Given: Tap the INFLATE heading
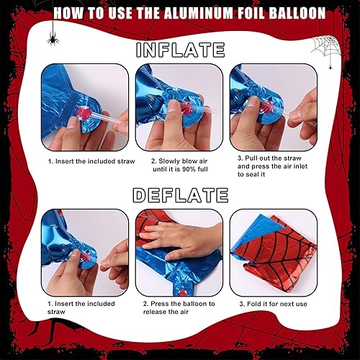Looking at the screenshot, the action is pos(181,50).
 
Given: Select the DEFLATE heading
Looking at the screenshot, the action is pos(181,195).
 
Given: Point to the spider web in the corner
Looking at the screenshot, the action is pos(326,48).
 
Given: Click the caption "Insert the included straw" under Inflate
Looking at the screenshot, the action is pos(91,161).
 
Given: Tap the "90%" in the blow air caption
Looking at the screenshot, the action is pos(189,169).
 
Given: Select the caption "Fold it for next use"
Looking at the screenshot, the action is pos(274,304).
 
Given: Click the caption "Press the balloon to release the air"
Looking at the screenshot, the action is pos(179,307).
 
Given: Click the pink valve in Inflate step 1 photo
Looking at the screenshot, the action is pos(83,112).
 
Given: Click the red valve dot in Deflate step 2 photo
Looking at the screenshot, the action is pos(184,293).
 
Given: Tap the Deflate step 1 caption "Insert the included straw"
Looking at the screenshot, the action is pos(81,307).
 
